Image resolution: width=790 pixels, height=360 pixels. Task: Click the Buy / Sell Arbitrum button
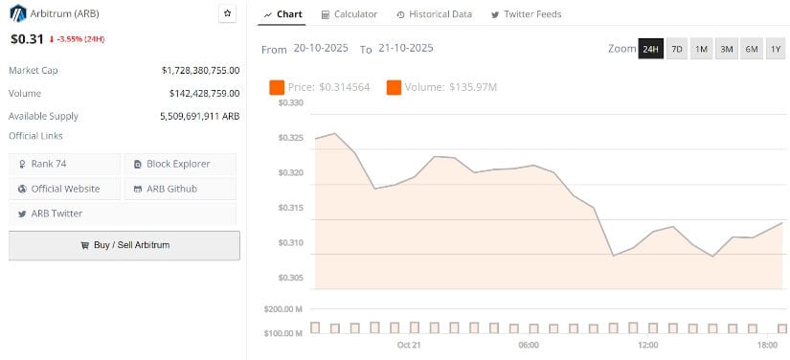tap(124, 245)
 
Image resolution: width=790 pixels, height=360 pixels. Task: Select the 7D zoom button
tap(676, 49)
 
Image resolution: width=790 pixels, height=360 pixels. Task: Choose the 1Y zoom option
tap(775, 49)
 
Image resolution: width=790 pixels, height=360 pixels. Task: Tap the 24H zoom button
tap(650, 49)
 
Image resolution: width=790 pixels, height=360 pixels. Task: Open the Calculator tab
tap(350, 14)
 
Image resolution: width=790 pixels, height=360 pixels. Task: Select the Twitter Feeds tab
tap(526, 14)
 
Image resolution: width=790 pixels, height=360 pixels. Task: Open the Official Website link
tap(65, 189)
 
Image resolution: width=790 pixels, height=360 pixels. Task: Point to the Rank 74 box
tap(65, 164)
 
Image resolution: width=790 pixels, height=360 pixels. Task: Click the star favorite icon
tap(227, 13)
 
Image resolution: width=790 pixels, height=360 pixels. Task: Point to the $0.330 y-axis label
tap(291, 103)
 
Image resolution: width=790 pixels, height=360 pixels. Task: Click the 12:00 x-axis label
tap(648, 345)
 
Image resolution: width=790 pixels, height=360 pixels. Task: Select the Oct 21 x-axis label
tap(409, 345)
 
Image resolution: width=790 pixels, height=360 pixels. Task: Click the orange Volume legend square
tap(394, 87)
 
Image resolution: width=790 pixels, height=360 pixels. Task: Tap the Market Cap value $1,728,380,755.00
tap(200, 70)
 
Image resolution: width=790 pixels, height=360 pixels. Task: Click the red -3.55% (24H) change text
tap(79, 40)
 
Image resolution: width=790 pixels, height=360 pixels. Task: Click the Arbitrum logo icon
tap(17, 13)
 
